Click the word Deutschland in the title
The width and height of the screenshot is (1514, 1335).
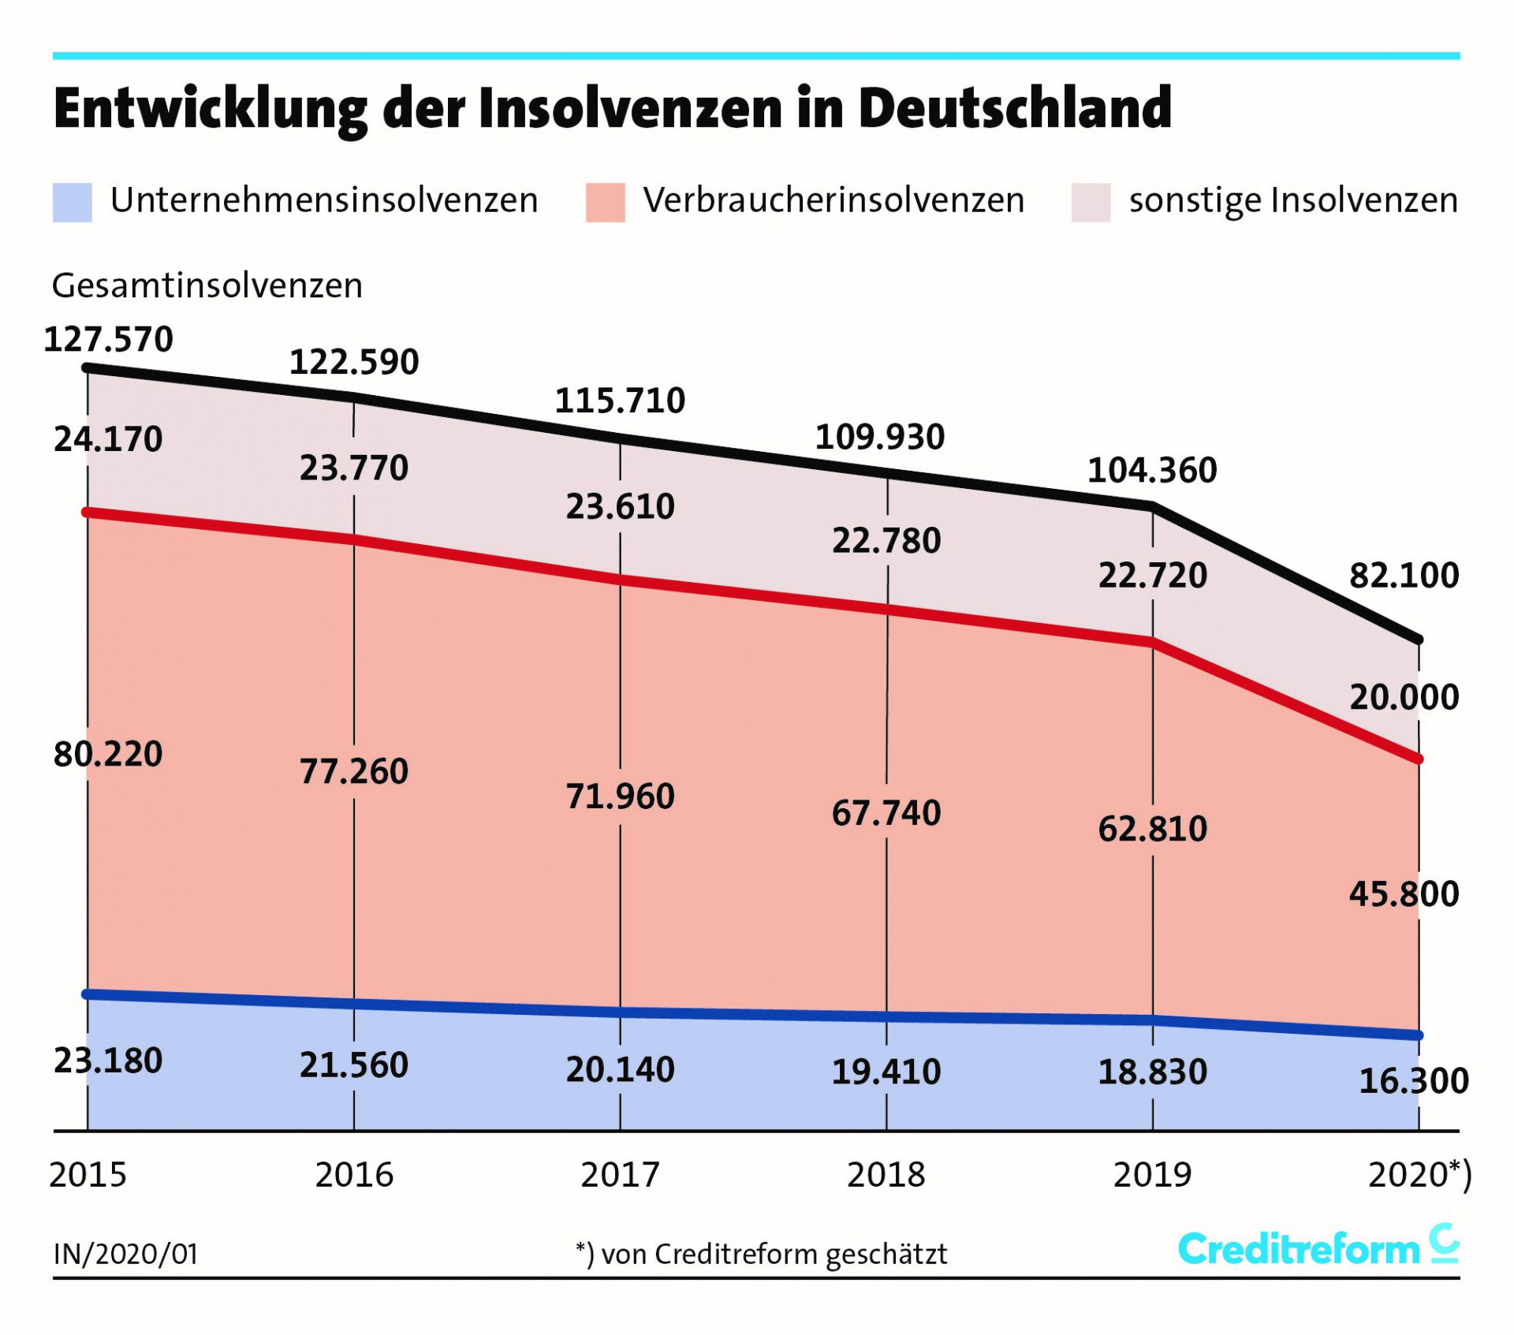(x=1015, y=108)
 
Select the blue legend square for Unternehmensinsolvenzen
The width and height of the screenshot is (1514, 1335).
(x=73, y=203)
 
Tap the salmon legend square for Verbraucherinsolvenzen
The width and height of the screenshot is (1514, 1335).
(x=605, y=203)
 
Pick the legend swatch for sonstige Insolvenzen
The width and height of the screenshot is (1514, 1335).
(x=1091, y=203)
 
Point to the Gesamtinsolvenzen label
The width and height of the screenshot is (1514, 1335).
(x=207, y=285)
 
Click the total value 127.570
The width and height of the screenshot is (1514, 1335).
(x=108, y=340)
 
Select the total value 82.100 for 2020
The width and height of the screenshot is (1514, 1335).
(x=1404, y=576)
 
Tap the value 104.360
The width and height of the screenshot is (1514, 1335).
(x=1151, y=471)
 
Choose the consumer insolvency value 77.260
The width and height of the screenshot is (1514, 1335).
(x=353, y=771)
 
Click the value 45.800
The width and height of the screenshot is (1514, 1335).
(x=1404, y=894)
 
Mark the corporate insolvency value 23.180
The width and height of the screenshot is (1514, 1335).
(x=108, y=1061)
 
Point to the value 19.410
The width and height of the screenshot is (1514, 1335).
(x=886, y=1072)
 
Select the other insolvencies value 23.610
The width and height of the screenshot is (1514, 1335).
(x=620, y=506)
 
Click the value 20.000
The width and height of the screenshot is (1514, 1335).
(x=1404, y=697)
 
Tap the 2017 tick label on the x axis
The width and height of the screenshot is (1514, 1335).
(x=620, y=1175)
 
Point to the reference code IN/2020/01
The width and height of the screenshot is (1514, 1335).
(x=125, y=1254)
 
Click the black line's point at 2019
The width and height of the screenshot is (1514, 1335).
(x=1153, y=507)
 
